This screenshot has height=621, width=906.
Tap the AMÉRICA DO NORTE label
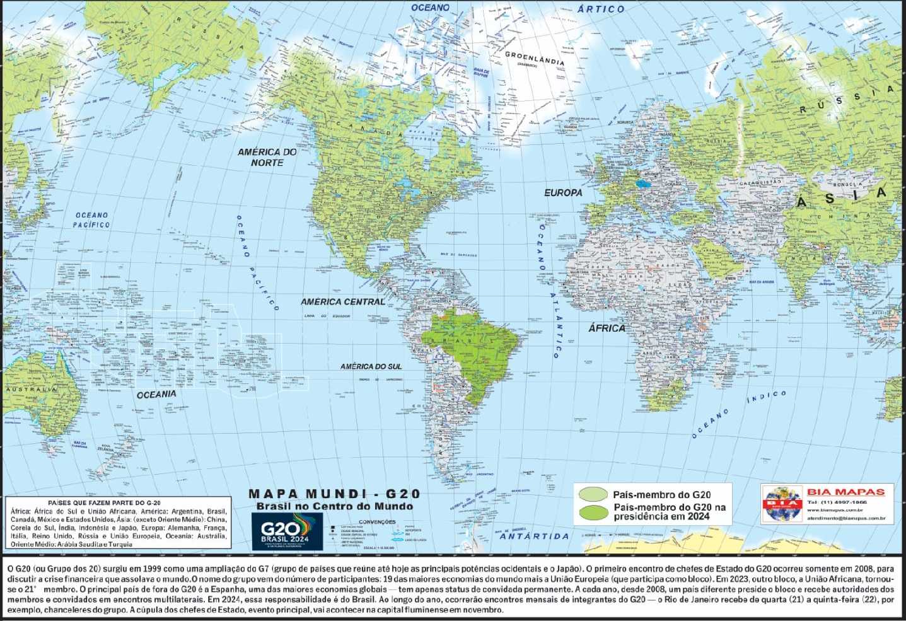point(267,157)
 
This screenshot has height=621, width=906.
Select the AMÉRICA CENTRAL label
point(342,302)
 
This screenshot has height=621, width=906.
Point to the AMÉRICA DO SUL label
point(371,366)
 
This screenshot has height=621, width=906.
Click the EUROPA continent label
point(563,192)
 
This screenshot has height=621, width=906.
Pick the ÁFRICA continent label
point(607,328)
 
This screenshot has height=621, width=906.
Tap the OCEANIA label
point(156,394)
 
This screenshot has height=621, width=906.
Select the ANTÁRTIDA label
point(534,536)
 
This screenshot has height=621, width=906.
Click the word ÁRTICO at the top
point(601,9)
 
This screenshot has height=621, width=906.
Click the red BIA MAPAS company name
point(845,492)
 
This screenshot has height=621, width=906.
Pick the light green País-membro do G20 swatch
point(593,494)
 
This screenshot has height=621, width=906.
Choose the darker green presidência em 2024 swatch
point(593,512)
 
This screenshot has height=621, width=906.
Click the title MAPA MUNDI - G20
point(334,494)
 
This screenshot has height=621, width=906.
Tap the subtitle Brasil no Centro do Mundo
point(334,506)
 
